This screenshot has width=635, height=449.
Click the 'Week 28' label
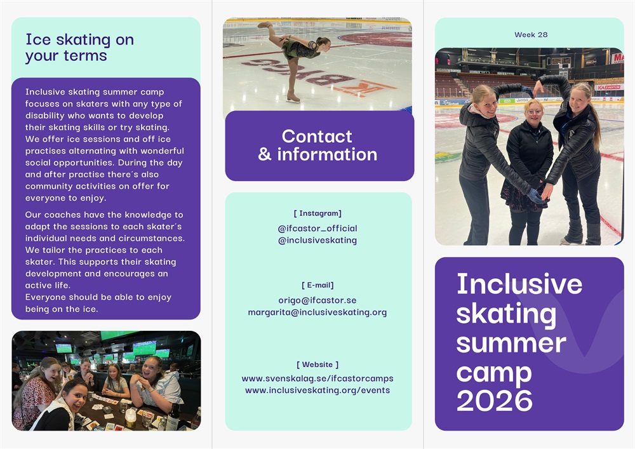coord(531,35)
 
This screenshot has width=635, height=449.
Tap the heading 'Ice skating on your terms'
coord(80,48)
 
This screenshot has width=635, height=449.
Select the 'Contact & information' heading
coord(317,145)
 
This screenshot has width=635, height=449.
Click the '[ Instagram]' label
coord(317,213)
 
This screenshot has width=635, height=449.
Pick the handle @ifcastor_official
coord(317,229)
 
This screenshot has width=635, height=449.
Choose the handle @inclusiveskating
coord(317,241)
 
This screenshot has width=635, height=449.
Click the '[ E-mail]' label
coord(317,285)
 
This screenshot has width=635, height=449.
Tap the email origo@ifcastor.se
coord(317,300)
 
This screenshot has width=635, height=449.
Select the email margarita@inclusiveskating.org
coord(317,312)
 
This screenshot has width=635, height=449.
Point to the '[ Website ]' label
coord(317,365)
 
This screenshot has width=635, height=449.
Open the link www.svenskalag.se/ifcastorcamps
coord(317,379)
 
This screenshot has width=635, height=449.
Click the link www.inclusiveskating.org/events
coord(317,391)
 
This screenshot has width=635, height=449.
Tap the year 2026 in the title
coord(495,401)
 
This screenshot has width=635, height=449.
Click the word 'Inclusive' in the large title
coord(519,284)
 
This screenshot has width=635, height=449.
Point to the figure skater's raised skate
coord(264,25)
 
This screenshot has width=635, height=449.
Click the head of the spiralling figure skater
coord(323,43)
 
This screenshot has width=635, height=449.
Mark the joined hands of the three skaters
coord(540,194)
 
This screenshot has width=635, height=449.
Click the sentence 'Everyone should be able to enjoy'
coord(98,298)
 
